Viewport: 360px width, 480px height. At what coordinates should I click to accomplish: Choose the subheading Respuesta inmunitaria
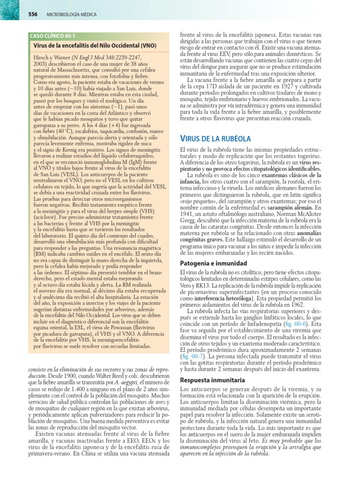pyautogui.click(x=212, y=379)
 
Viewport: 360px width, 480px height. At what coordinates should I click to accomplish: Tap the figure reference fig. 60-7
pyautogui.click(x=192, y=357)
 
